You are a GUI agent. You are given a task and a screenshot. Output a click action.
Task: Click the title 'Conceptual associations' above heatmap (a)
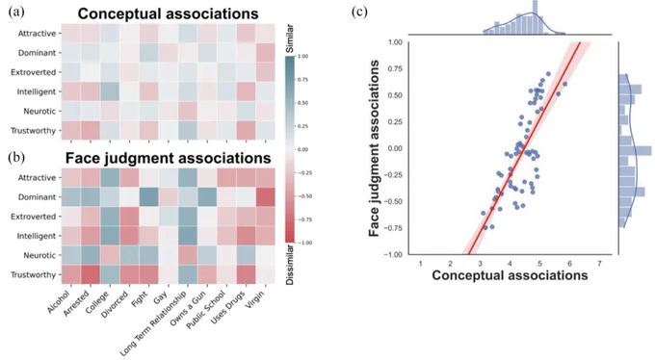click(168, 13)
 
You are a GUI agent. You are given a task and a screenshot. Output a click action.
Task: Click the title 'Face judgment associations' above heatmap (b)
click(168, 158)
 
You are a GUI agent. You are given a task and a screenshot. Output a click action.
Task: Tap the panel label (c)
click(359, 12)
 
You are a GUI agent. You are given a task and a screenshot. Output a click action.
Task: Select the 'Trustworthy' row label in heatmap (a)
click(33, 131)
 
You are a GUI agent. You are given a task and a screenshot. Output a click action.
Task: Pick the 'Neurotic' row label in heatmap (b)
click(39, 255)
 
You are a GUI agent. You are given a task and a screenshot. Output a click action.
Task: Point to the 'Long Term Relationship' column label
click(153, 323)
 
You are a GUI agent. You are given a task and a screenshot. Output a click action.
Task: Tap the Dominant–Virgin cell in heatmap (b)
click(265, 197)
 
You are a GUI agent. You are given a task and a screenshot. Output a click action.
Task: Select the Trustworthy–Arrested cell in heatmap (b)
click(91, 274)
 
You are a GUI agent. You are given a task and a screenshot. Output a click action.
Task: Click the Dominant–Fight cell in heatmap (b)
click(148, 197)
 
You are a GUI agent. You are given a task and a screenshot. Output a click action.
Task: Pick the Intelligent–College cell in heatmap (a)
click(110, 91)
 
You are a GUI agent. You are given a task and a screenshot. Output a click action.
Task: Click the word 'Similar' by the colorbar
click(290, 39)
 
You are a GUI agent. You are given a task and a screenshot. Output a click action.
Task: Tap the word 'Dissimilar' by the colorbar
click(290, 265)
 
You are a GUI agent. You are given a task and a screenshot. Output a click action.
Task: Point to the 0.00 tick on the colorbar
click(302, 149)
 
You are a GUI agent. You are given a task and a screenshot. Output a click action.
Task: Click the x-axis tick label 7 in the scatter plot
click(599, 264)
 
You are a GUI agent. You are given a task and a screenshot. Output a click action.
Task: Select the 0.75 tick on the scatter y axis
click(395, 68)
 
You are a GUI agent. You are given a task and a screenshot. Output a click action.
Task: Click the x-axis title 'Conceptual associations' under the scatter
click(510, 275)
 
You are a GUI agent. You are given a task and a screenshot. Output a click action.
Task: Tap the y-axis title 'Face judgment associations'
click(375, 148)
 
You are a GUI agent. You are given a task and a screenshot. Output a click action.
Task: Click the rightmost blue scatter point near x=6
click(565, 84)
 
